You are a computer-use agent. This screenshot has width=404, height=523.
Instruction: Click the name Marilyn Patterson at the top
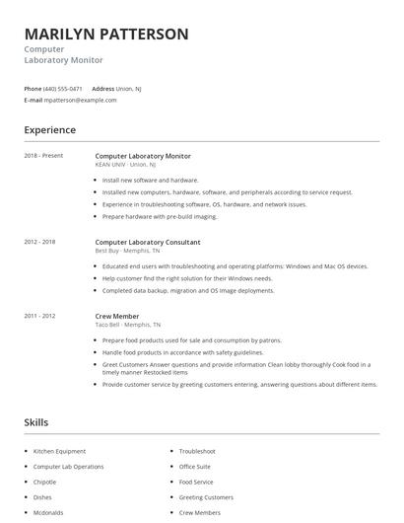click(106, 34)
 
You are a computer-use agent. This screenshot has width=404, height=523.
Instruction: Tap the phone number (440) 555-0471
click(64, 88)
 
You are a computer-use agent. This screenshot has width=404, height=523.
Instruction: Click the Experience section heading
click(50, 130)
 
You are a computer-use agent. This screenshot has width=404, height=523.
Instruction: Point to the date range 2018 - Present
click(43, 156)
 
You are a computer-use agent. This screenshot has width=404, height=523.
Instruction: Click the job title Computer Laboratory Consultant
click(148, 242)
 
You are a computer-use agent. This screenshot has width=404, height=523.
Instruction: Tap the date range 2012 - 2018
click(40, 242)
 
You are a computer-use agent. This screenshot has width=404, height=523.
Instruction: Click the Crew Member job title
click(117, 316)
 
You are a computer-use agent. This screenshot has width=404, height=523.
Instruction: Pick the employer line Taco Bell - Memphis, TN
click(127, 325)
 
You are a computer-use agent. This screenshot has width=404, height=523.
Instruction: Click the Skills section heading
click(36, 422)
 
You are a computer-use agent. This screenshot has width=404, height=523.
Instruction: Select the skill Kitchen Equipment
click(59, 451)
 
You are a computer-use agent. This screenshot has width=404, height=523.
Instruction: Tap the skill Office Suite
click(195, 467)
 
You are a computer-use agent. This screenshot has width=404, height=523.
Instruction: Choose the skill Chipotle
click(45, 483)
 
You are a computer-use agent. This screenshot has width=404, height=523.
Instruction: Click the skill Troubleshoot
click(197, 451)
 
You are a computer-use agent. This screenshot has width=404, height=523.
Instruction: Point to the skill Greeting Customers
click(206, 497)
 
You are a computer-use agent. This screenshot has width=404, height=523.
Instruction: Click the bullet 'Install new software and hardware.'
click(151, 181)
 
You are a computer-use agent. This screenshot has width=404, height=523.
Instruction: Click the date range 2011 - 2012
click(40, 316)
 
